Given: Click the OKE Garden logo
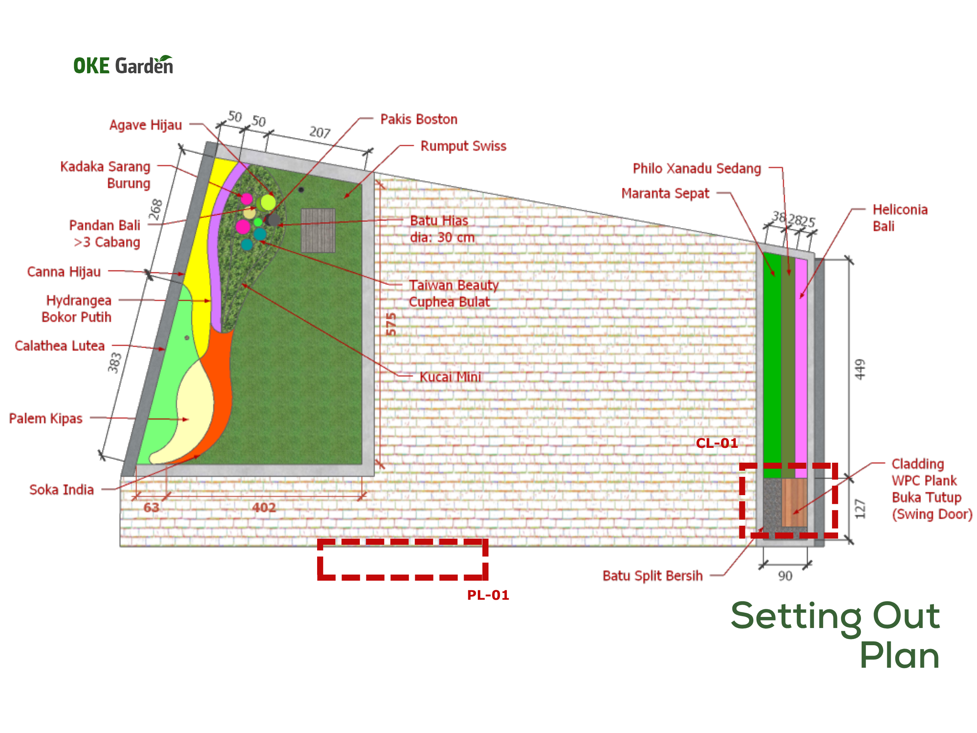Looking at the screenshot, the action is (123, 65).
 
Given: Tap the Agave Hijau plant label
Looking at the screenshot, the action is (145, 125).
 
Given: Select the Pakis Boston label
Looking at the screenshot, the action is (419, 119).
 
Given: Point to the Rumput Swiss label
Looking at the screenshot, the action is (463, 146).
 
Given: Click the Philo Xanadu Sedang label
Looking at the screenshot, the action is (696, 168).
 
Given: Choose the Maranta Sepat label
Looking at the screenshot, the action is (665, 194).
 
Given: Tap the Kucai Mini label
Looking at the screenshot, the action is (450, 377).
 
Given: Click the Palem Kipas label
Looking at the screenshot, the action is (45, 418).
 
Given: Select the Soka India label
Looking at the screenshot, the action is (61, 489).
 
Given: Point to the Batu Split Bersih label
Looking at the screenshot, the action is (652, 576).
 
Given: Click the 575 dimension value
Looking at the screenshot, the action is (391, 324).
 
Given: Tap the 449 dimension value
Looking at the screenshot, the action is (859, 370).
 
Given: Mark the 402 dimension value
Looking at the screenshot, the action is (264, 508).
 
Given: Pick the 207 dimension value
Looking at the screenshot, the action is (320, 132).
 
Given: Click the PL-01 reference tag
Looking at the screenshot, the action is (488, 595).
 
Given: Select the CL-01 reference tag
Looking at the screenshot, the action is (717, 443).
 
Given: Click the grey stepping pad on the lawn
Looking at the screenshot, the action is (318, 230).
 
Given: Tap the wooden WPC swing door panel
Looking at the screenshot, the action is (794, 502).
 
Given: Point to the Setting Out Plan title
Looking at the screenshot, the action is (835, 635).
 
